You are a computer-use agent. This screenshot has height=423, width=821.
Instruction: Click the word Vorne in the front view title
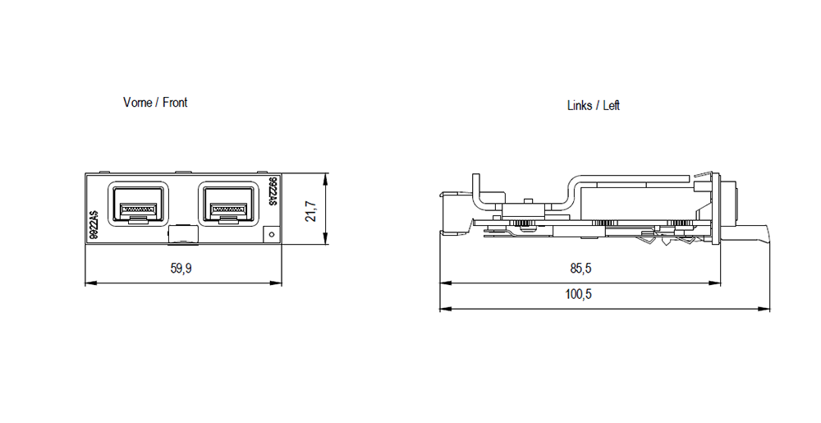coord(138,103)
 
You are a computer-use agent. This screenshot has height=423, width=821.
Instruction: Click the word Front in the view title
coord(175,103)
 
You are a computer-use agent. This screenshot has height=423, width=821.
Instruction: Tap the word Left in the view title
coord(612,106)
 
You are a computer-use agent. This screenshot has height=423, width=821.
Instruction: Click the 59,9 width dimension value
coord(181,269)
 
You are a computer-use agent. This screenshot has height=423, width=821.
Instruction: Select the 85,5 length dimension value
coord(580,269)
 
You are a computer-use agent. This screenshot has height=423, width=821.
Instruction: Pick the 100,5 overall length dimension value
coord(578,295)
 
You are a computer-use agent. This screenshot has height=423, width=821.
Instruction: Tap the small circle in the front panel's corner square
coord(272,235)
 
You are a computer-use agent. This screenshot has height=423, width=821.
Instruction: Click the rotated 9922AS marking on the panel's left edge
coord(95,223)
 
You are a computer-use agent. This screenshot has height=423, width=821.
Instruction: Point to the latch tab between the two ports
coord(183,236)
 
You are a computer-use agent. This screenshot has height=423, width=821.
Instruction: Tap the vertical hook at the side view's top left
coord(475,189)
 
